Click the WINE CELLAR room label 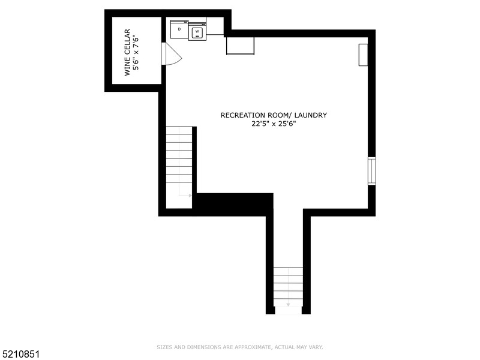pyautogui.click(x=127, y=53)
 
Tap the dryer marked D pyautogui.click(x=179, y=29)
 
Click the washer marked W pyautogui.click(x=197, y=32)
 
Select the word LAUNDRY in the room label pyautogui.click(x=311, y=115)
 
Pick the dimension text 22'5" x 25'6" pyautogui.click(x=274, y=124)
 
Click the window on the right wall pyautogui.click(x=371, y=170)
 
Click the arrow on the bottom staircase pyautogui.click(x=288, y=304)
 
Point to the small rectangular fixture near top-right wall pyautogui.click(x=363, y=55)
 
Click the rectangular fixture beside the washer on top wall pyautogui.click(x=240, y=46)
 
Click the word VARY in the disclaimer pyautogui.click(x=314, y=347)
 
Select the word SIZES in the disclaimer pyautogui.click(x=164, y=347)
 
